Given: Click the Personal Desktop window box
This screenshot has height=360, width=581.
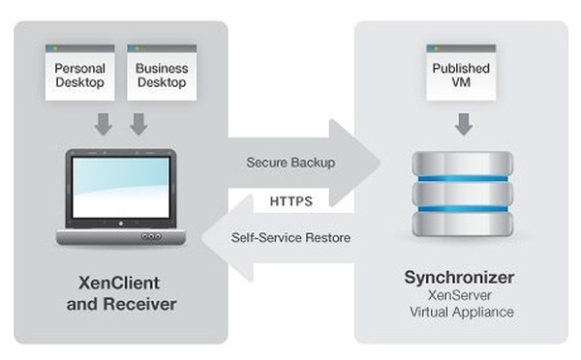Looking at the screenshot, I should coord(79,74).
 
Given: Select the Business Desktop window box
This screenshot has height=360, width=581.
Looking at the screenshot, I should coord(162,74).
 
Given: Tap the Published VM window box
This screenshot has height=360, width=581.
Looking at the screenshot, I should coord(462,74).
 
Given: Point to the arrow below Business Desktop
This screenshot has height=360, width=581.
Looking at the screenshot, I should coord(138,124).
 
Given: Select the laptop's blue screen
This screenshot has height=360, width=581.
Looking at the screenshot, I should coord(120,188).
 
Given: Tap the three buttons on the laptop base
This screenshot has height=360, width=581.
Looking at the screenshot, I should coord(150,236).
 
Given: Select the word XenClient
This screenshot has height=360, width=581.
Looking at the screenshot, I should coord(120,283).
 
